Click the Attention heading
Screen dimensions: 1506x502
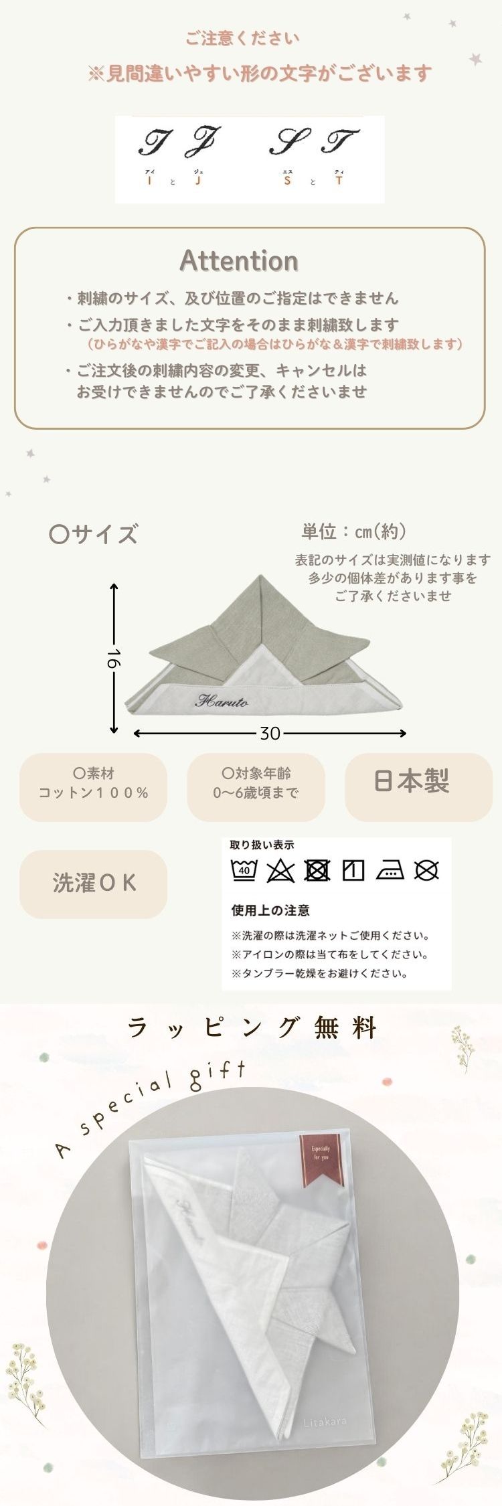pyautogui.click(x=239, y=261)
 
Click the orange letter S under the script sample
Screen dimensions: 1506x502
pyautogui.click(x=287, y=181)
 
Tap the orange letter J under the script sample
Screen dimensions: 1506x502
pyautogui.click(x=198, y=181)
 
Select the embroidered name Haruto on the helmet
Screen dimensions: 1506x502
pyautogui.click(x=222, y=701)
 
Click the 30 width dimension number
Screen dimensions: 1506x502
pyautogui.click(x=270, y=734)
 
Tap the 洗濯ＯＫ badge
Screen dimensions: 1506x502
pyautogui.click(x=94, y=884)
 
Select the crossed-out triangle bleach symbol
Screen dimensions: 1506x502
pyautogui.click(x=280, y=871)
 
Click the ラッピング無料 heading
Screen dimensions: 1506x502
pyautogui.click(x=252, y=1027)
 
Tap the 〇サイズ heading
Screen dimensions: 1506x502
pyautogui.click(x=94, y=534)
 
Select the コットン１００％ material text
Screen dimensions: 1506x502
pyautogui.click(x=94, y=793)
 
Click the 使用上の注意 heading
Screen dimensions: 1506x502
pyautogui.click(x=270, y=910)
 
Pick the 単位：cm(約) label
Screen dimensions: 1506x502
pyautogui.click(x=353, y=532)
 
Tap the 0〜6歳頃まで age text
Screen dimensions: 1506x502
pyautogui.click(x=256, y=793)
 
